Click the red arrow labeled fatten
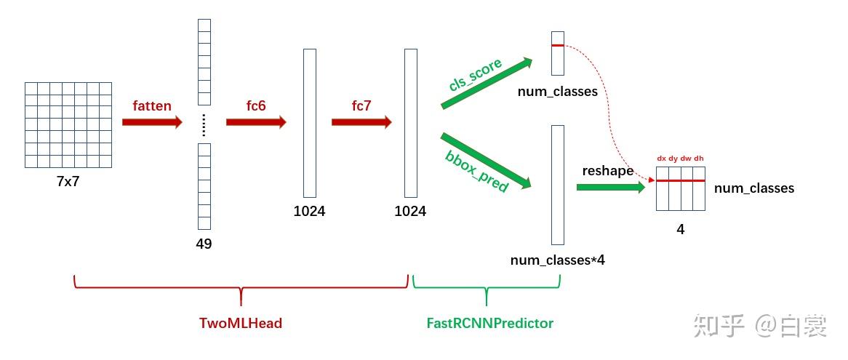[x=151, y=122]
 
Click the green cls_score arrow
[x=485, y=84]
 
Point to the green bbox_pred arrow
[x=485, y=159]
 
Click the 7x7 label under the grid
[x=68, y=182]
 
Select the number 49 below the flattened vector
[x=204, y=244]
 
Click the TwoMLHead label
[x=241, y=324]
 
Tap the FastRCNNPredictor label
[x=490, y=324]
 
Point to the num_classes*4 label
[x=558, y=260]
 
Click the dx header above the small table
[x=662, y=158]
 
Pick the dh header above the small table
[x=699, y=158]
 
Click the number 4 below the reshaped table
[x=681, y=230]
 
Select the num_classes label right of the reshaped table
[x=754, y=188]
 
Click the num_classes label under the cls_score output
[x=558, y=92]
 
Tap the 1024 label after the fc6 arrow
[x=309, y=212]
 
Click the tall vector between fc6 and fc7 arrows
[x=310, y=122]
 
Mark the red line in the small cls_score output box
[x=558, y=46]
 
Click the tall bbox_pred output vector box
[x=558, y=185]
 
